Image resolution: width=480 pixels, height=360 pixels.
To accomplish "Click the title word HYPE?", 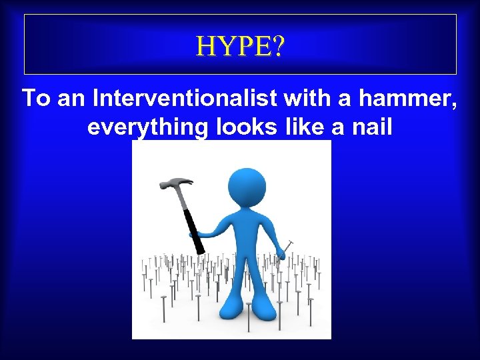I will coord(240,46).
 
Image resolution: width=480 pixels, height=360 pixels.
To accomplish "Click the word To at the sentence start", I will coord(37,99).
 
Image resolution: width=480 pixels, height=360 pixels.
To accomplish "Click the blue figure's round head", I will coord(246,185).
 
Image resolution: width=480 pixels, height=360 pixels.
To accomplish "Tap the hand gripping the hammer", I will coord(200,233).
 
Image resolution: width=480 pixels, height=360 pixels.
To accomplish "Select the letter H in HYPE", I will coord(205,46).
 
